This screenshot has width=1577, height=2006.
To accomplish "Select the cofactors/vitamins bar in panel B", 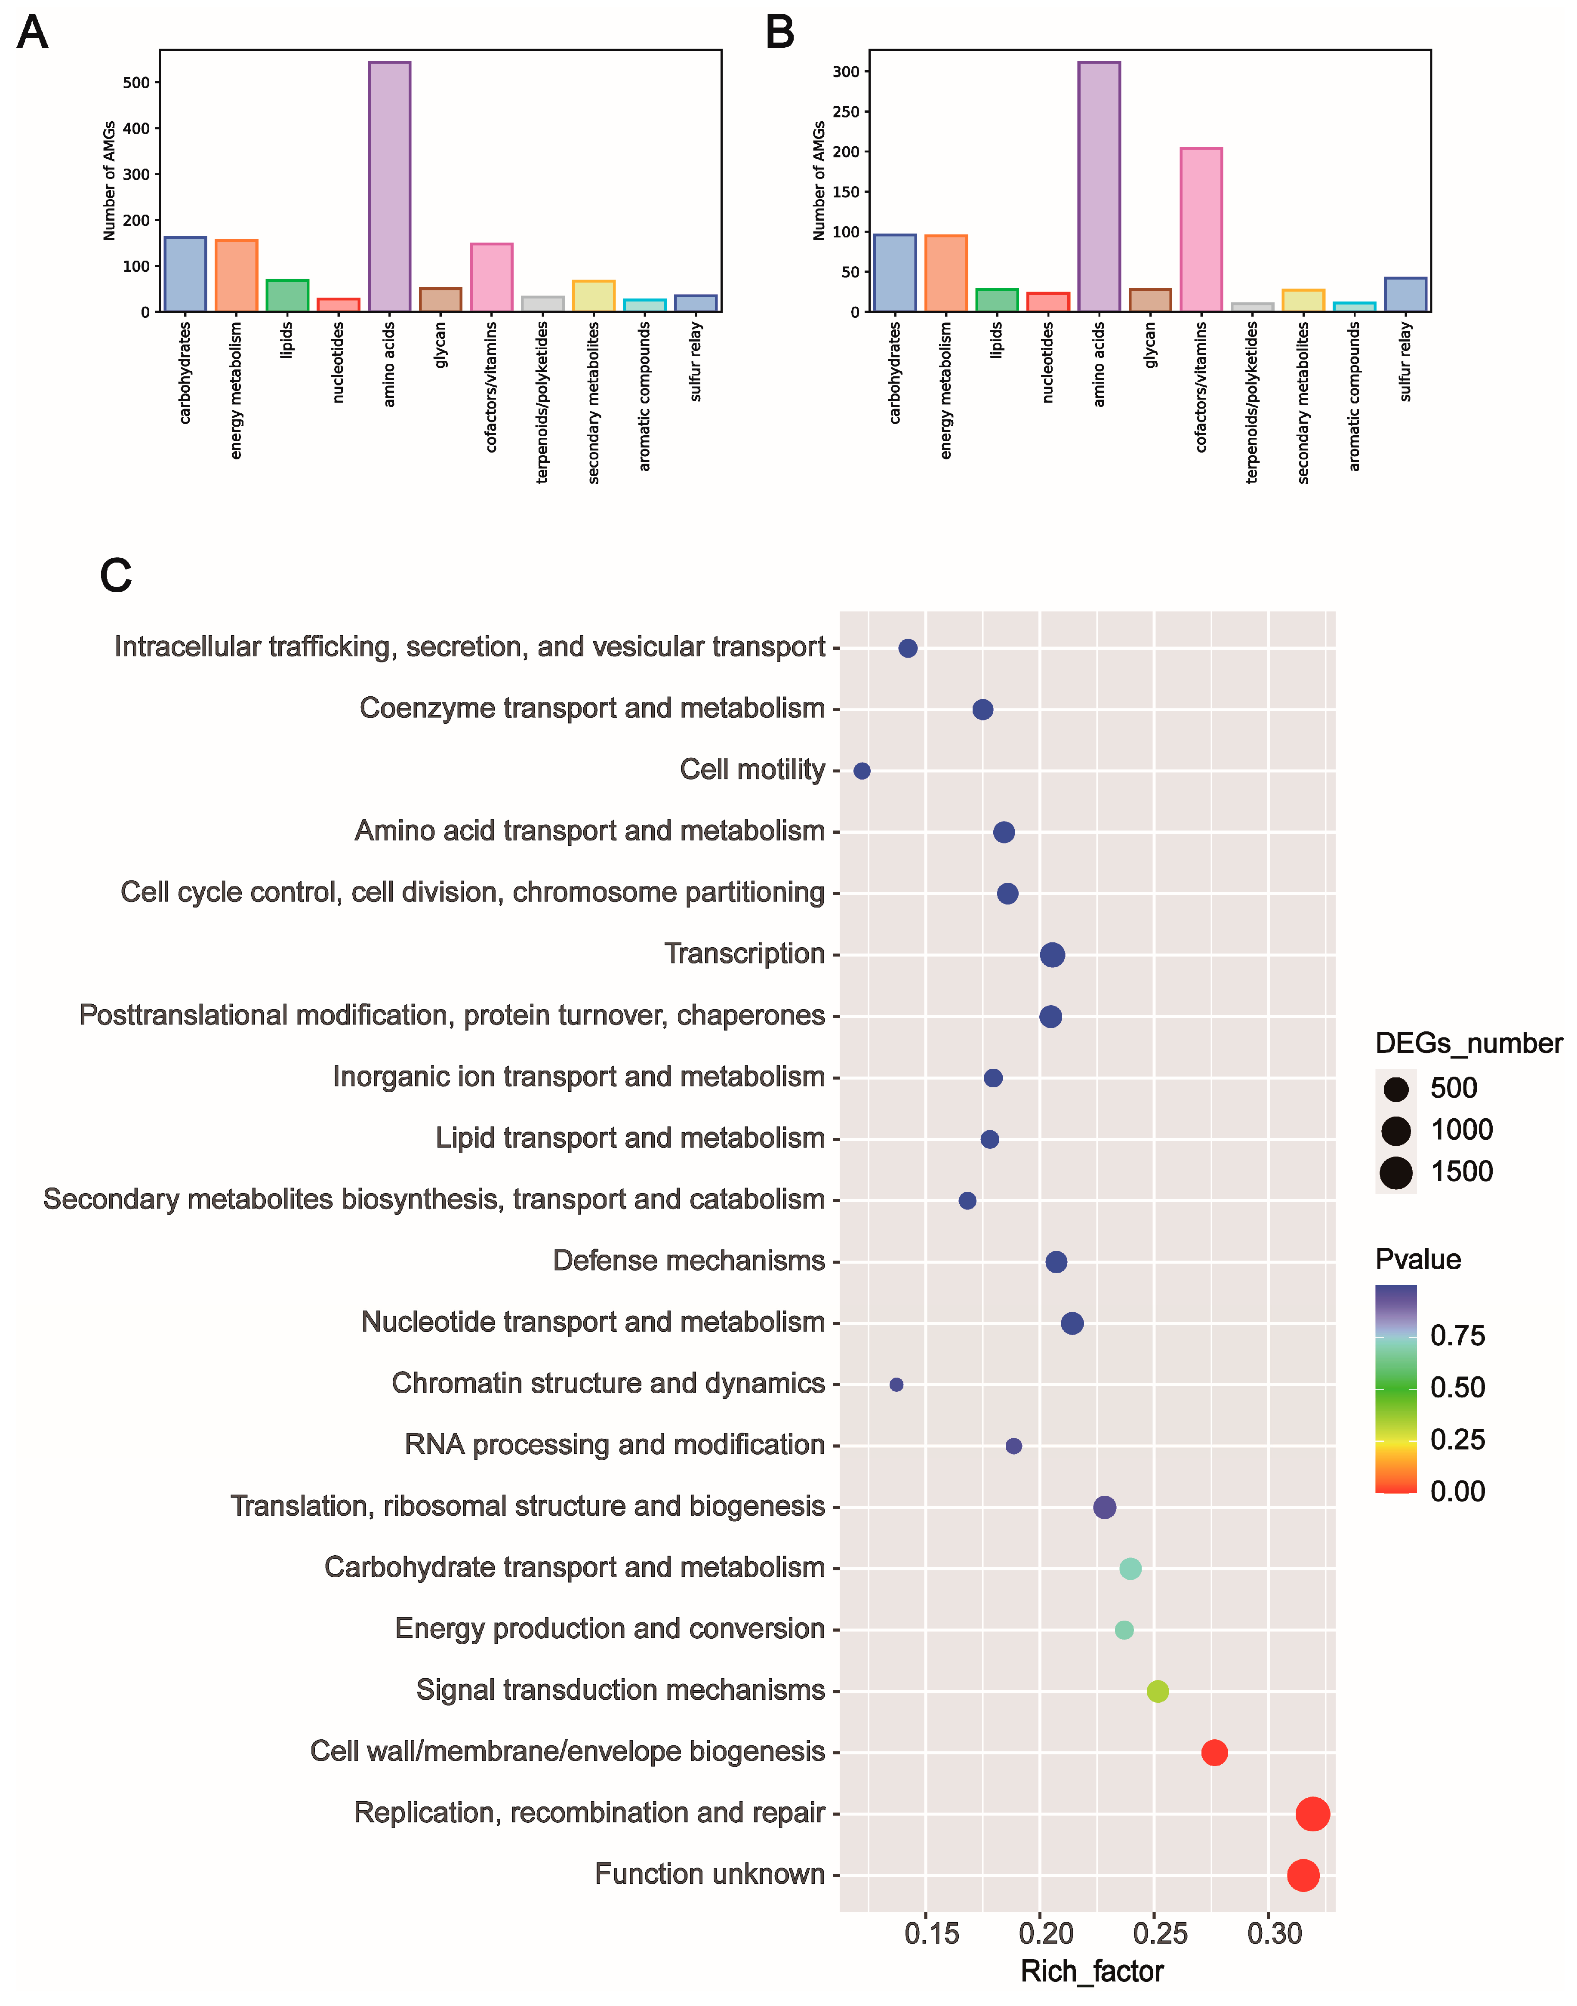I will (x=1200, y=230).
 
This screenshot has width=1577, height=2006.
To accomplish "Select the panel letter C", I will (x=116, y=575).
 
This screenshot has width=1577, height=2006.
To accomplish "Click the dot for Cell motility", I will (x=862, y=771).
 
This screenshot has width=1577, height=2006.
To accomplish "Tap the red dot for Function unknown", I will (x=1303, y=1875).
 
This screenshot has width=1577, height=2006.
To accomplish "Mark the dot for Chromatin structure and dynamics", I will (x=896, y=1385).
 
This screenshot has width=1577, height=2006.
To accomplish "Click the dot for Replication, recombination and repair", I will (x=1312, y=1814).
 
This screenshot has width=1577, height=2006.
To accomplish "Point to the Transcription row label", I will (x=744, y=954).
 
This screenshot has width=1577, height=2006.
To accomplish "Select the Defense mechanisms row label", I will (x=689, y=1261).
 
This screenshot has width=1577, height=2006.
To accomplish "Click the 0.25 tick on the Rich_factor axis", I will (x=1160, y=1933).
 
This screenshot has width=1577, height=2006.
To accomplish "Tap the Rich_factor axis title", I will (x=1091, y=1972).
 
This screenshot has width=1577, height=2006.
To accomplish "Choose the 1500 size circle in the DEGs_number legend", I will (x=1396, y=1172).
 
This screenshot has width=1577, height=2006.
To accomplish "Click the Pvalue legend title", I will (x=1417, y=1259).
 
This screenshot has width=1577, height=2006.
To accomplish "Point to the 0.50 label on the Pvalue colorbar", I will (x=1457, y=1388).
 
